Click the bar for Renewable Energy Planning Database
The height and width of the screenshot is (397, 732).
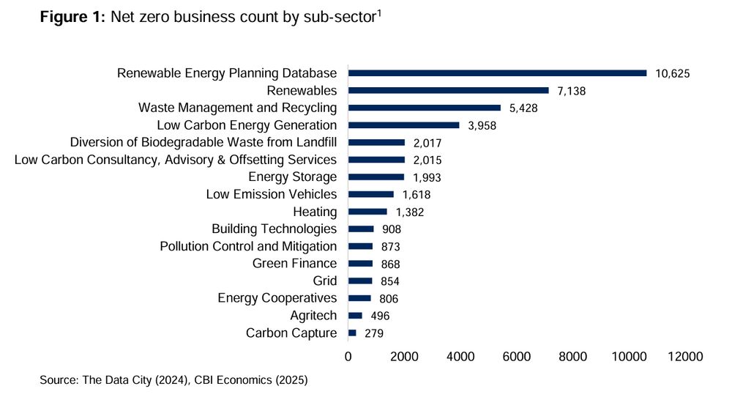(497, 73)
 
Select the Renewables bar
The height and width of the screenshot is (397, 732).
(448, 91)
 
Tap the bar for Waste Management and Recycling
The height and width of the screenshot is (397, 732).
(424, 108)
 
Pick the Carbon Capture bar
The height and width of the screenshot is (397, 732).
(352, 333)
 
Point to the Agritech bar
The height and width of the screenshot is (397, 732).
(355, 316)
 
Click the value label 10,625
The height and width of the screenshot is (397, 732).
(673, 73)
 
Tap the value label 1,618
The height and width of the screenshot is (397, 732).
(416, 195)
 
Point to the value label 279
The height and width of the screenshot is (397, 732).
(373, 333)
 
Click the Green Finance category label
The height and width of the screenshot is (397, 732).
(294, 264)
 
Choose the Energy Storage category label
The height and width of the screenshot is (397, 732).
(292, 177)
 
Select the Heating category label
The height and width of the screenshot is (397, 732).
(315, 212)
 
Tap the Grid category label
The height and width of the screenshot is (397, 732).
(324, 281)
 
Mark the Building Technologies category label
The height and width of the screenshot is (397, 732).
(274, 229)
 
